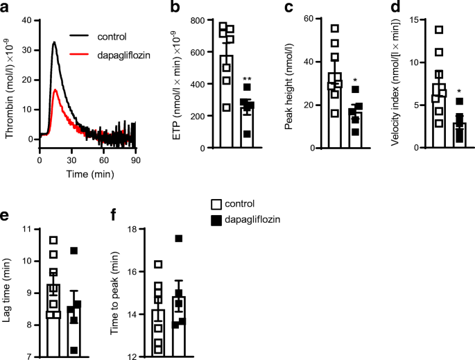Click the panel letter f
[x=114, y=215]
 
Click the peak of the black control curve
[x=54, y=42]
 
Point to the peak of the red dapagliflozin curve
[x=55, y=89]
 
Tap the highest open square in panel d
[x=439, y=30]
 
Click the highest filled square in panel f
[x=179, y=239]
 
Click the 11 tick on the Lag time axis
[x=28, y=229]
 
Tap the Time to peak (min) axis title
[x=115, y=291]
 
